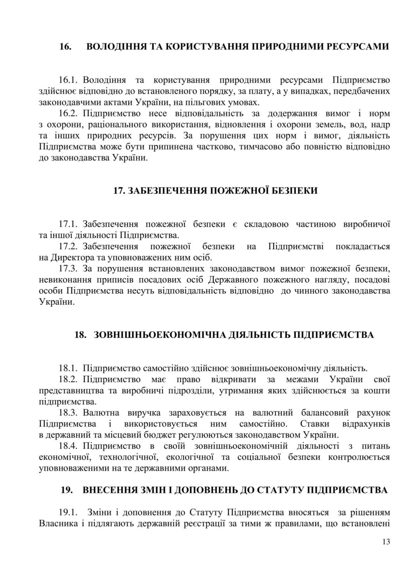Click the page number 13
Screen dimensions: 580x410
click(386, 542)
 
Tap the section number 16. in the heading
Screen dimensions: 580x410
click(65, 47)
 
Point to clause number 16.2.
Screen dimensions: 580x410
click(68, 113)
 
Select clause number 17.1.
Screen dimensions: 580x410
click(68, 224)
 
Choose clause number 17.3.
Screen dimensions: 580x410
click(68, 268)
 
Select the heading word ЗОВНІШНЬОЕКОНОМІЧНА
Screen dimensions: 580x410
click(160, 335)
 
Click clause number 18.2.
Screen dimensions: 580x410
click(68, 379)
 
